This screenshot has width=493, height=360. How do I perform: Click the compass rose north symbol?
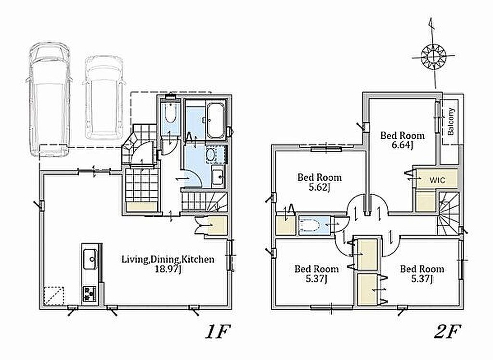433,57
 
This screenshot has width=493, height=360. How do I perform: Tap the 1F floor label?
218,332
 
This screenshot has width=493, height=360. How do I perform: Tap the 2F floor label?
447,332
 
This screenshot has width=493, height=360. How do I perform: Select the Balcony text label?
451,121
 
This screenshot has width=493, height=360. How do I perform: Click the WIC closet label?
437,180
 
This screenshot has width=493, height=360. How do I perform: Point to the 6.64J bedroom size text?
402,145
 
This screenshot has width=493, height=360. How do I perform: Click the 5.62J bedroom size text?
319,187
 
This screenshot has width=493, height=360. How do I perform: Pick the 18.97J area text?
168,269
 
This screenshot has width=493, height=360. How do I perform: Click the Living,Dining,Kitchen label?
168,259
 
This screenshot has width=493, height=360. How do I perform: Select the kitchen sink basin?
90,259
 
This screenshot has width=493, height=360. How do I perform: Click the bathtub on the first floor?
216,120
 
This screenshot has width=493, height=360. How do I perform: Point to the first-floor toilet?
170,114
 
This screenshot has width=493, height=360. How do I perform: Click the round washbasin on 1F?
210,155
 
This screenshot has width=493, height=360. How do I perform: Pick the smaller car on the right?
104,98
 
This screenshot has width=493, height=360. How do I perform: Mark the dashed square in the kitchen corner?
54,296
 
